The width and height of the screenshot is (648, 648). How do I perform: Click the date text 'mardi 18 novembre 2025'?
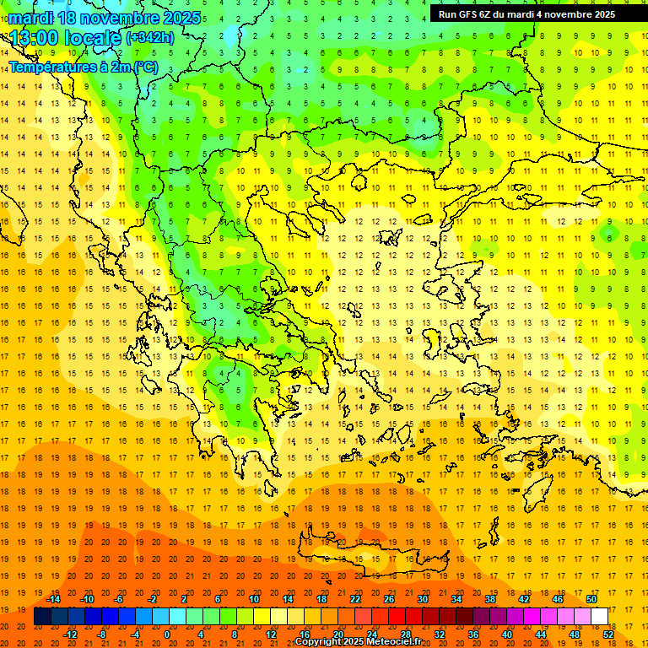pyautogui.click(x=105, y=18)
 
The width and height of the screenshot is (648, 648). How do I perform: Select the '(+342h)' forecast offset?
pyautogui.click(x=150, y=38)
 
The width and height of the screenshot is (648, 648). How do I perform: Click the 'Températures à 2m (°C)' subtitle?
pyautogui.click(x=83, y=67)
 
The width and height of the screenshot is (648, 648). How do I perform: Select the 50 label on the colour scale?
pyautogui.click(x=591, y=598)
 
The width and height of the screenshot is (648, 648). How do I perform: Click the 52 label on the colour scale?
pyautogui.click(x=608, y=634)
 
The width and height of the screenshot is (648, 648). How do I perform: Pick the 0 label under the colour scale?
pyautogui.click(x=168, y=634)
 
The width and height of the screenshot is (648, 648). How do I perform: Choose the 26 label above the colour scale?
pyautogui.click(x=389, y=598)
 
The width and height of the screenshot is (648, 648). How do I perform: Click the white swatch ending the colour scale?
pyautogui.click(x=600, y=617)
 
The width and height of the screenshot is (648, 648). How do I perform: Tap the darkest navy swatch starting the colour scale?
pyautogui.click(x=42, y=617)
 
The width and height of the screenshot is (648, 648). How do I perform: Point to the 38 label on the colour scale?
pyautogui.click(x=490, y=598)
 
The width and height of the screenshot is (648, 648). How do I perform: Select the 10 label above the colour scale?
pyautogui.click(x=254, y=598)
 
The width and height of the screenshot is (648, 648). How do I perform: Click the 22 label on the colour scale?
pyautogui.click(x=355, y=598)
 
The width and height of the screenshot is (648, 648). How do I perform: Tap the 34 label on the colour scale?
pyautogui.click(x=456, y=598)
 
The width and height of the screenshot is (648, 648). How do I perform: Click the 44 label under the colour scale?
pyautogui.click(x=541, y=634)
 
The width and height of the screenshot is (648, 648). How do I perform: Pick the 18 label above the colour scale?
pyautogui.click(x=321, y=598)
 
